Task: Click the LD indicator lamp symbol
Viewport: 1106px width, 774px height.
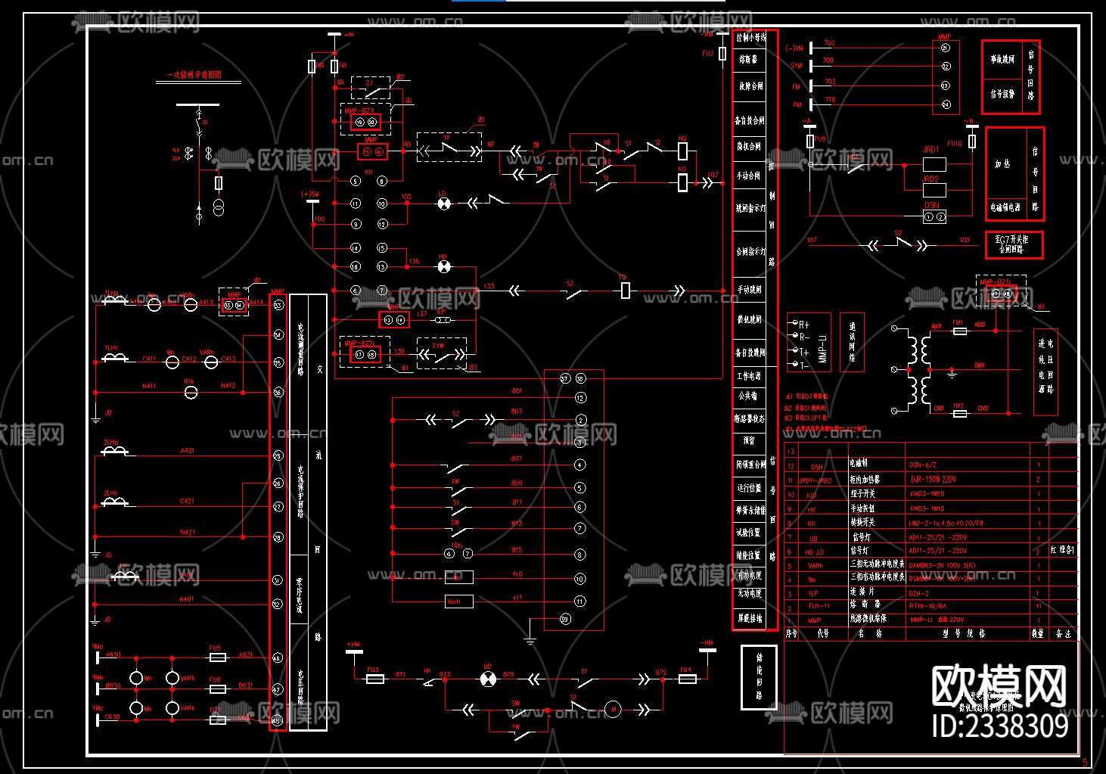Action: pyautogui.click(x=444, y=204)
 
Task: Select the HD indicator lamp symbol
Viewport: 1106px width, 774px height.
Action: pyautogui.click(x=444, y=266)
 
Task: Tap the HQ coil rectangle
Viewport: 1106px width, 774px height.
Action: pyautogui.click(x=682, y=151)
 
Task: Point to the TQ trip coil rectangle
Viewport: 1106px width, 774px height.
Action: pyautogui.click(x=625, y=291)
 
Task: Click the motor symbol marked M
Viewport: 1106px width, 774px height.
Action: pyautogui.click(x=613, y=709)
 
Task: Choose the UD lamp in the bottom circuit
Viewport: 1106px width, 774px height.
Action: pyautogui.click(x=487, y=679)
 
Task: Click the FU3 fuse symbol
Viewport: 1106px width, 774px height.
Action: pyautogui.click(x=374, y=679)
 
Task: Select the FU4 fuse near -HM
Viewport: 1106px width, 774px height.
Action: pyautogui.click(x=686, y=679)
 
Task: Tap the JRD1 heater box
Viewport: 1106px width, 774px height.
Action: pyautogui.click(x=935, y=163)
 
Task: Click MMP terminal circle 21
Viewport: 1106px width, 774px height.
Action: pyautogui.click(x=945, y=48)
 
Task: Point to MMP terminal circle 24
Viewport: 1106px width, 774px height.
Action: pyautogui.click(x=945, y=105)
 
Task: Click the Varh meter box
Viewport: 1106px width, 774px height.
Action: pyautogui.click(x=458, y=601)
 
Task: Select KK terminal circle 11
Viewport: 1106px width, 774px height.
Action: pyautogui.click(x=356, y=204)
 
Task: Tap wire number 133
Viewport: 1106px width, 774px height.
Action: pyautogui.click(x=489, y=286)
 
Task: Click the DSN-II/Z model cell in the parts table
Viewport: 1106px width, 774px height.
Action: pyautogui.click(x=923, y=465)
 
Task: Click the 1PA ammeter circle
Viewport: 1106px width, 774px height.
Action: pyautogui.click(x=191, y=391)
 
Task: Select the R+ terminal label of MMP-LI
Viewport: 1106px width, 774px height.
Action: pyautogui.click(x=803, y=324)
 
